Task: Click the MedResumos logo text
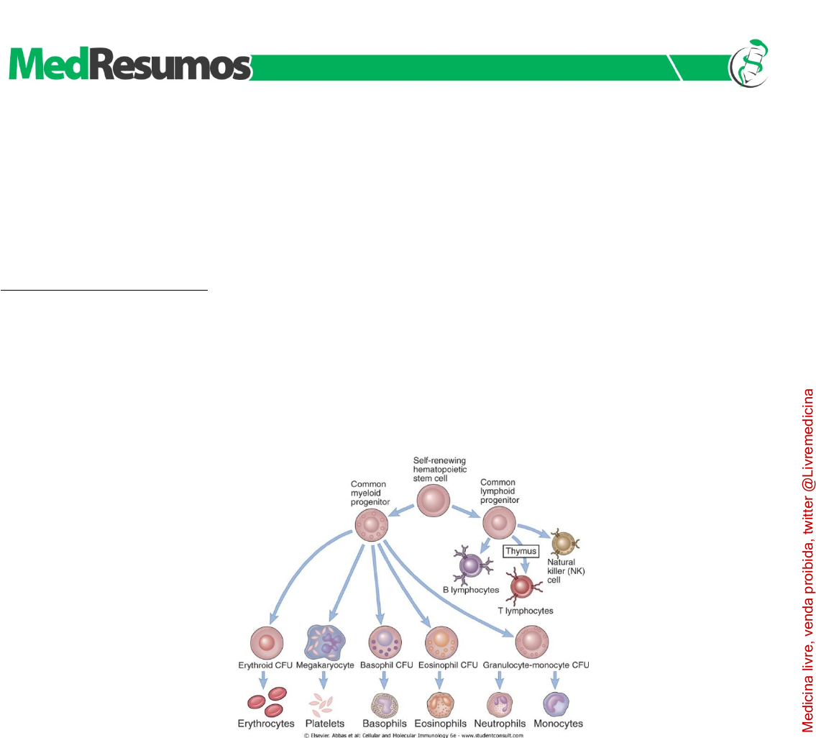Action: [129, 67]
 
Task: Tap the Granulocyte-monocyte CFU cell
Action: [533, 642]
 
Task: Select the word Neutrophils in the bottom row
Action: [500, 723]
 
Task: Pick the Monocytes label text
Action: [559, 723]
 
